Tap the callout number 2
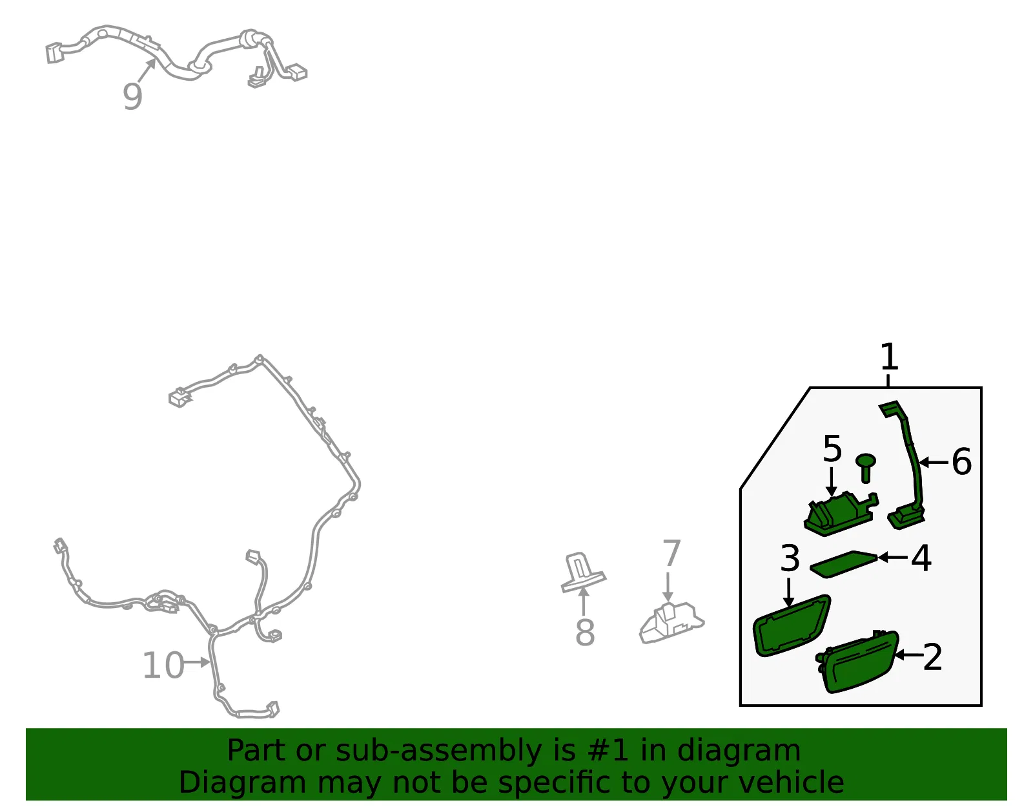tap(932, 657)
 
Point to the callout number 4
tap(921, 558)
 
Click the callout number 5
tap(832, 448)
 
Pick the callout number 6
tap(962, 462)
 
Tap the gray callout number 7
tap(671, 553)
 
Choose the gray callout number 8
tap(585, 633)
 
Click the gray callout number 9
tap(132, 96)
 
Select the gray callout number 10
tap(163, 666)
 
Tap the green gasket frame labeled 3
tap(792, 626)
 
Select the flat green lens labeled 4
tap(843, 564)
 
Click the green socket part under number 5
tap(841, 514)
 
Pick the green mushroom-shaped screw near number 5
tap(866, 467)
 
